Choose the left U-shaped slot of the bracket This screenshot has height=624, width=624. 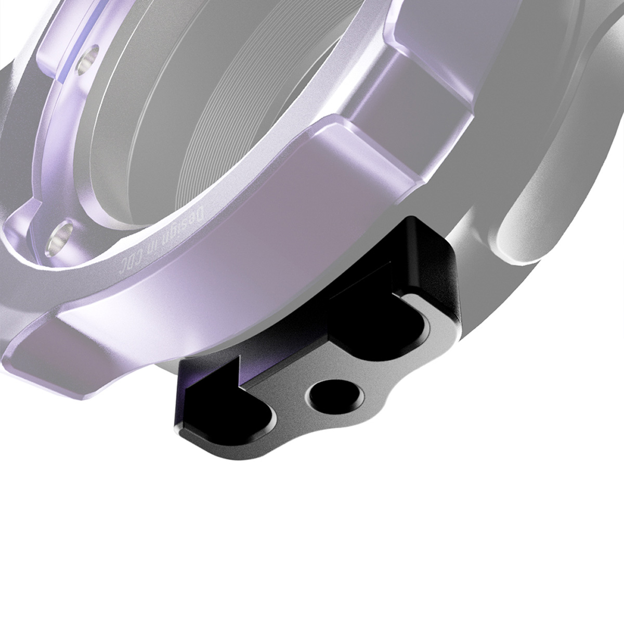239,411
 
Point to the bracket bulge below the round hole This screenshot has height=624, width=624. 343,421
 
